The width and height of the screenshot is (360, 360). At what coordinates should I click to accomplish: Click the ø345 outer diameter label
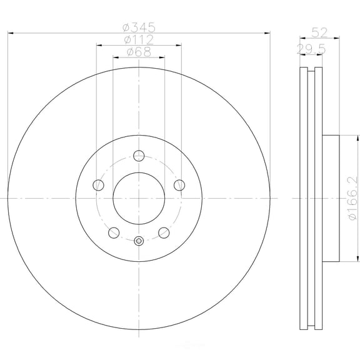coord(139,27)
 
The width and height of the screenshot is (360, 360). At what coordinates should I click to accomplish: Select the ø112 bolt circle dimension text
coord(139,40)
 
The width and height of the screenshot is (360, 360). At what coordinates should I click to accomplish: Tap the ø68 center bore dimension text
coord(139,52)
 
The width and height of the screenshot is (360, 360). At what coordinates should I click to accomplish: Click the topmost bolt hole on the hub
coord(139,156)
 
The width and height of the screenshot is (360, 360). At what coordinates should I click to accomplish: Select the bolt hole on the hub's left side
coord(97,184)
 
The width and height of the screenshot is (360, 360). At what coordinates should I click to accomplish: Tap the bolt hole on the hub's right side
coord(180,184)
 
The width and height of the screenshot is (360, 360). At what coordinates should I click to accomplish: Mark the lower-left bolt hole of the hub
coord(113,232)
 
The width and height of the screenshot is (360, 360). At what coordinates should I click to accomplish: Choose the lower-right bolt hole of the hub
coord(164,232)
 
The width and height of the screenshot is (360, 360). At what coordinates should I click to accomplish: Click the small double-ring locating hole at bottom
coord(139,241)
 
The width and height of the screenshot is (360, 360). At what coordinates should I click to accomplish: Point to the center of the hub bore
coord(139,197)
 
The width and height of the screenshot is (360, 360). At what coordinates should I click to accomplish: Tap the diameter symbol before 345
coord(126,27)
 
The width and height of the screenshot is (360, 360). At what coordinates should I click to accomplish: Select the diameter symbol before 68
coord(129,52)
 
